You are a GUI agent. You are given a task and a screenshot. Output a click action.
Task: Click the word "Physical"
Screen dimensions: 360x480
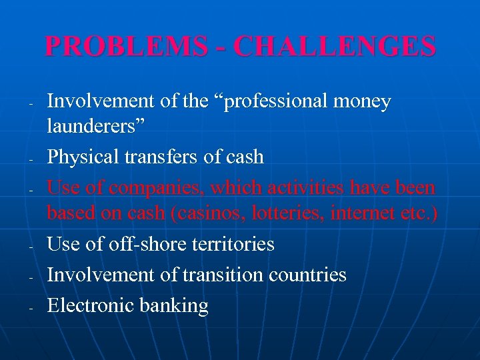click(x=85, y=157)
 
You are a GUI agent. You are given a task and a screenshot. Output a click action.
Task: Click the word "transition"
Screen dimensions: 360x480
click(x=231, y=275)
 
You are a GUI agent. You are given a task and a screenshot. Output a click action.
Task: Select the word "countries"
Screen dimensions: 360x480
click(x=313, y=275)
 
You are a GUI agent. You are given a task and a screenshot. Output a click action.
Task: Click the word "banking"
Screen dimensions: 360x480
click(x=177, y=306)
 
